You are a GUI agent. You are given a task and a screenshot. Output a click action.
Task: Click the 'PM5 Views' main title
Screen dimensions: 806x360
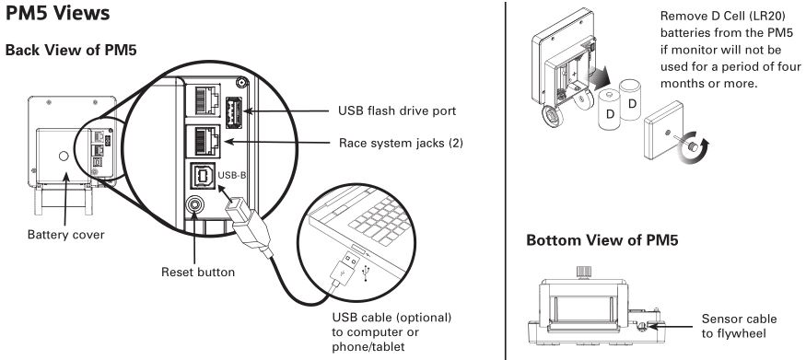pos(57,14)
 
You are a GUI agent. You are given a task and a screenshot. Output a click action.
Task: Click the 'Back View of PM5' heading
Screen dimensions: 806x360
pos(71,51)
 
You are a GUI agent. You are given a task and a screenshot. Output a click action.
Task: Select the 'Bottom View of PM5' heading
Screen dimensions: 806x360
pos(602,240)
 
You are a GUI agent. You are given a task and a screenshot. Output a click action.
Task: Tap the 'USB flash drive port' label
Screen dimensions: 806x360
pos(397,110)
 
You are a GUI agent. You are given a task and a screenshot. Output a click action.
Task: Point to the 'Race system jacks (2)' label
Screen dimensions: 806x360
pos(401,143)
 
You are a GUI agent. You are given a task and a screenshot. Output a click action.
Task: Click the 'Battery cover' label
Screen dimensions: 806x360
pos(65,235)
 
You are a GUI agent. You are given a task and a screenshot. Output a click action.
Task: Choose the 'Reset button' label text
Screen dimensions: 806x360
pos(198,272)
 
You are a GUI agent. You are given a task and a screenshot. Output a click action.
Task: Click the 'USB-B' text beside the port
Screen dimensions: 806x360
pos(232,175)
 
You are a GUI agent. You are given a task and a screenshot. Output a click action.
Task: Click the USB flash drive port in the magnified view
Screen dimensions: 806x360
pos(234,110)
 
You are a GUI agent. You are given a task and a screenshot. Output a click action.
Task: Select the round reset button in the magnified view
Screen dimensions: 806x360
pos(194,205)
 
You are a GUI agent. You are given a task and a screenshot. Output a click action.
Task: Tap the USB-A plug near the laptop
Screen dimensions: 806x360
pos(344,270)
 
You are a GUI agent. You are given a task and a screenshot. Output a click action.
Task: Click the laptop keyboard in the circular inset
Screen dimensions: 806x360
pos(380,219)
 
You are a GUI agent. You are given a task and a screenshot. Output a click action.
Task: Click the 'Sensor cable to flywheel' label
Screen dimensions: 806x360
pos(739,326)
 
